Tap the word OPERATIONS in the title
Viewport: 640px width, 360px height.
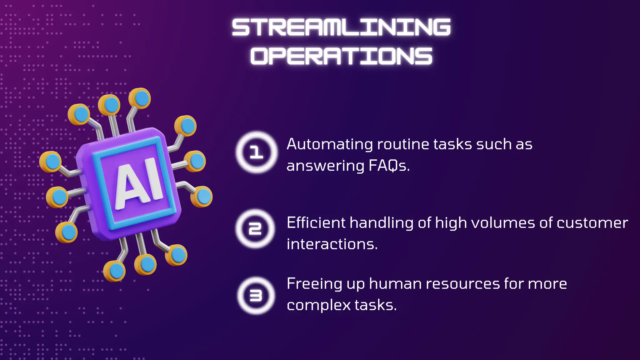point(341,56)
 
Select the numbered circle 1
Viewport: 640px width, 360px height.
point(257,152)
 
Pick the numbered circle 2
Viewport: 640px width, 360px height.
point(255,229)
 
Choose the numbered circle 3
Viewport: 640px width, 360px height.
point(256,295)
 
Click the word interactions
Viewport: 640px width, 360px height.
point(332,244)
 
